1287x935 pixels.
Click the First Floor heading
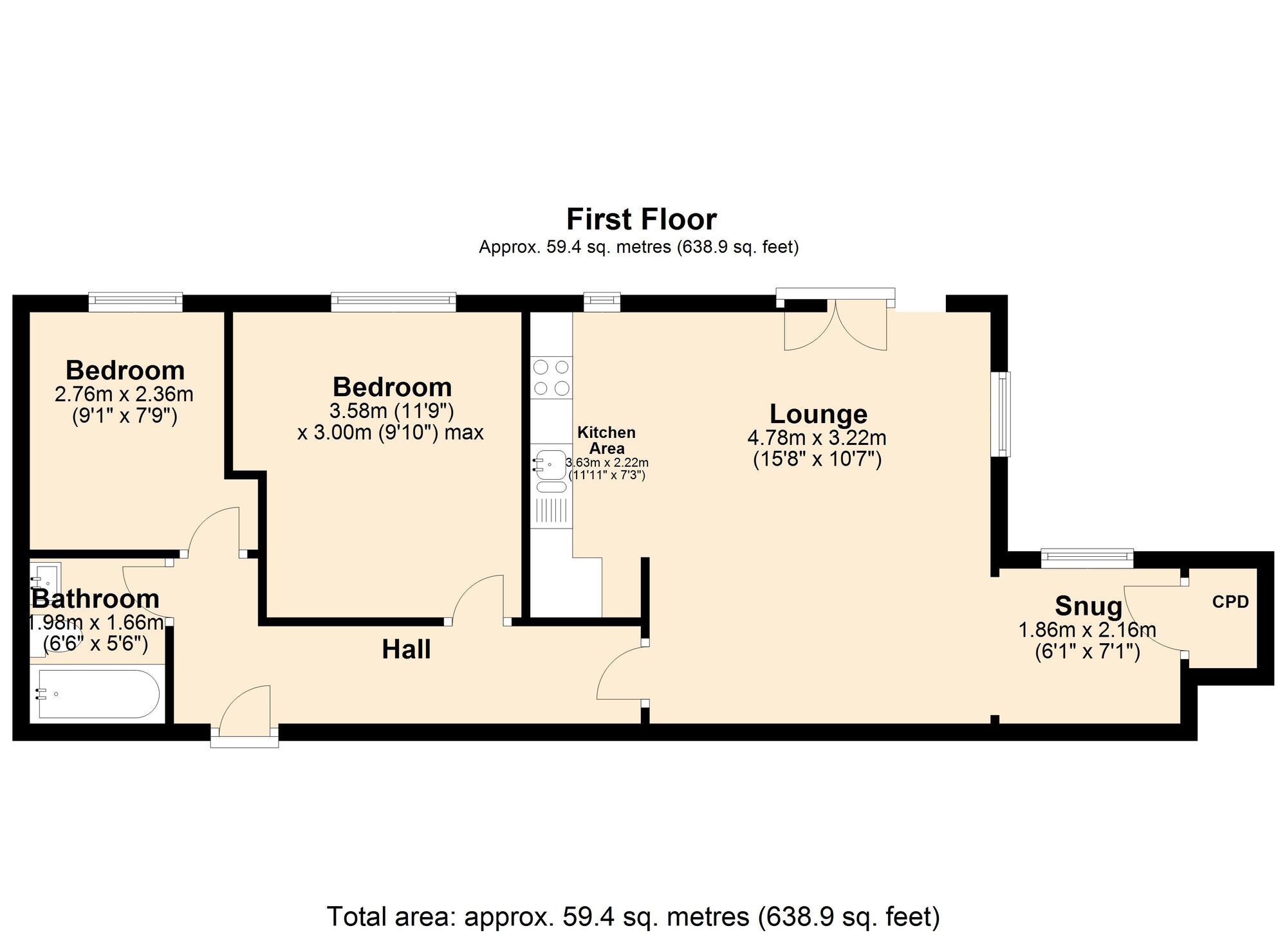point(641,219)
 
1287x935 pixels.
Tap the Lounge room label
point(818,413)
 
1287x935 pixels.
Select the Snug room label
point(1088,606)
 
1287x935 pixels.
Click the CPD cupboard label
point(1230,602)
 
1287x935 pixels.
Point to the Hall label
point(406,649)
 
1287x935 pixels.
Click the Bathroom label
point(95,599)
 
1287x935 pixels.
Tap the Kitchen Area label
point(606,440)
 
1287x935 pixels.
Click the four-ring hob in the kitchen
point(551,377)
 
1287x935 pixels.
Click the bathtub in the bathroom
point(98,694)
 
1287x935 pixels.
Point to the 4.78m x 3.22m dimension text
point(817,438)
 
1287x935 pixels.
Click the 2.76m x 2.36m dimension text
point(124,394)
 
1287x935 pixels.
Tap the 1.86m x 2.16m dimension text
point(1087,630)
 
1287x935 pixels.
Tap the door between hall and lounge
point(622,673)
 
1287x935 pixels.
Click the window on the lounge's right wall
point(1001,413)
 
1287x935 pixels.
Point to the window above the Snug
point(1087,558)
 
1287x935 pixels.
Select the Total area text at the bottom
point(634,916)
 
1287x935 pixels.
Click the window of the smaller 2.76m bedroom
point(135,302)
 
